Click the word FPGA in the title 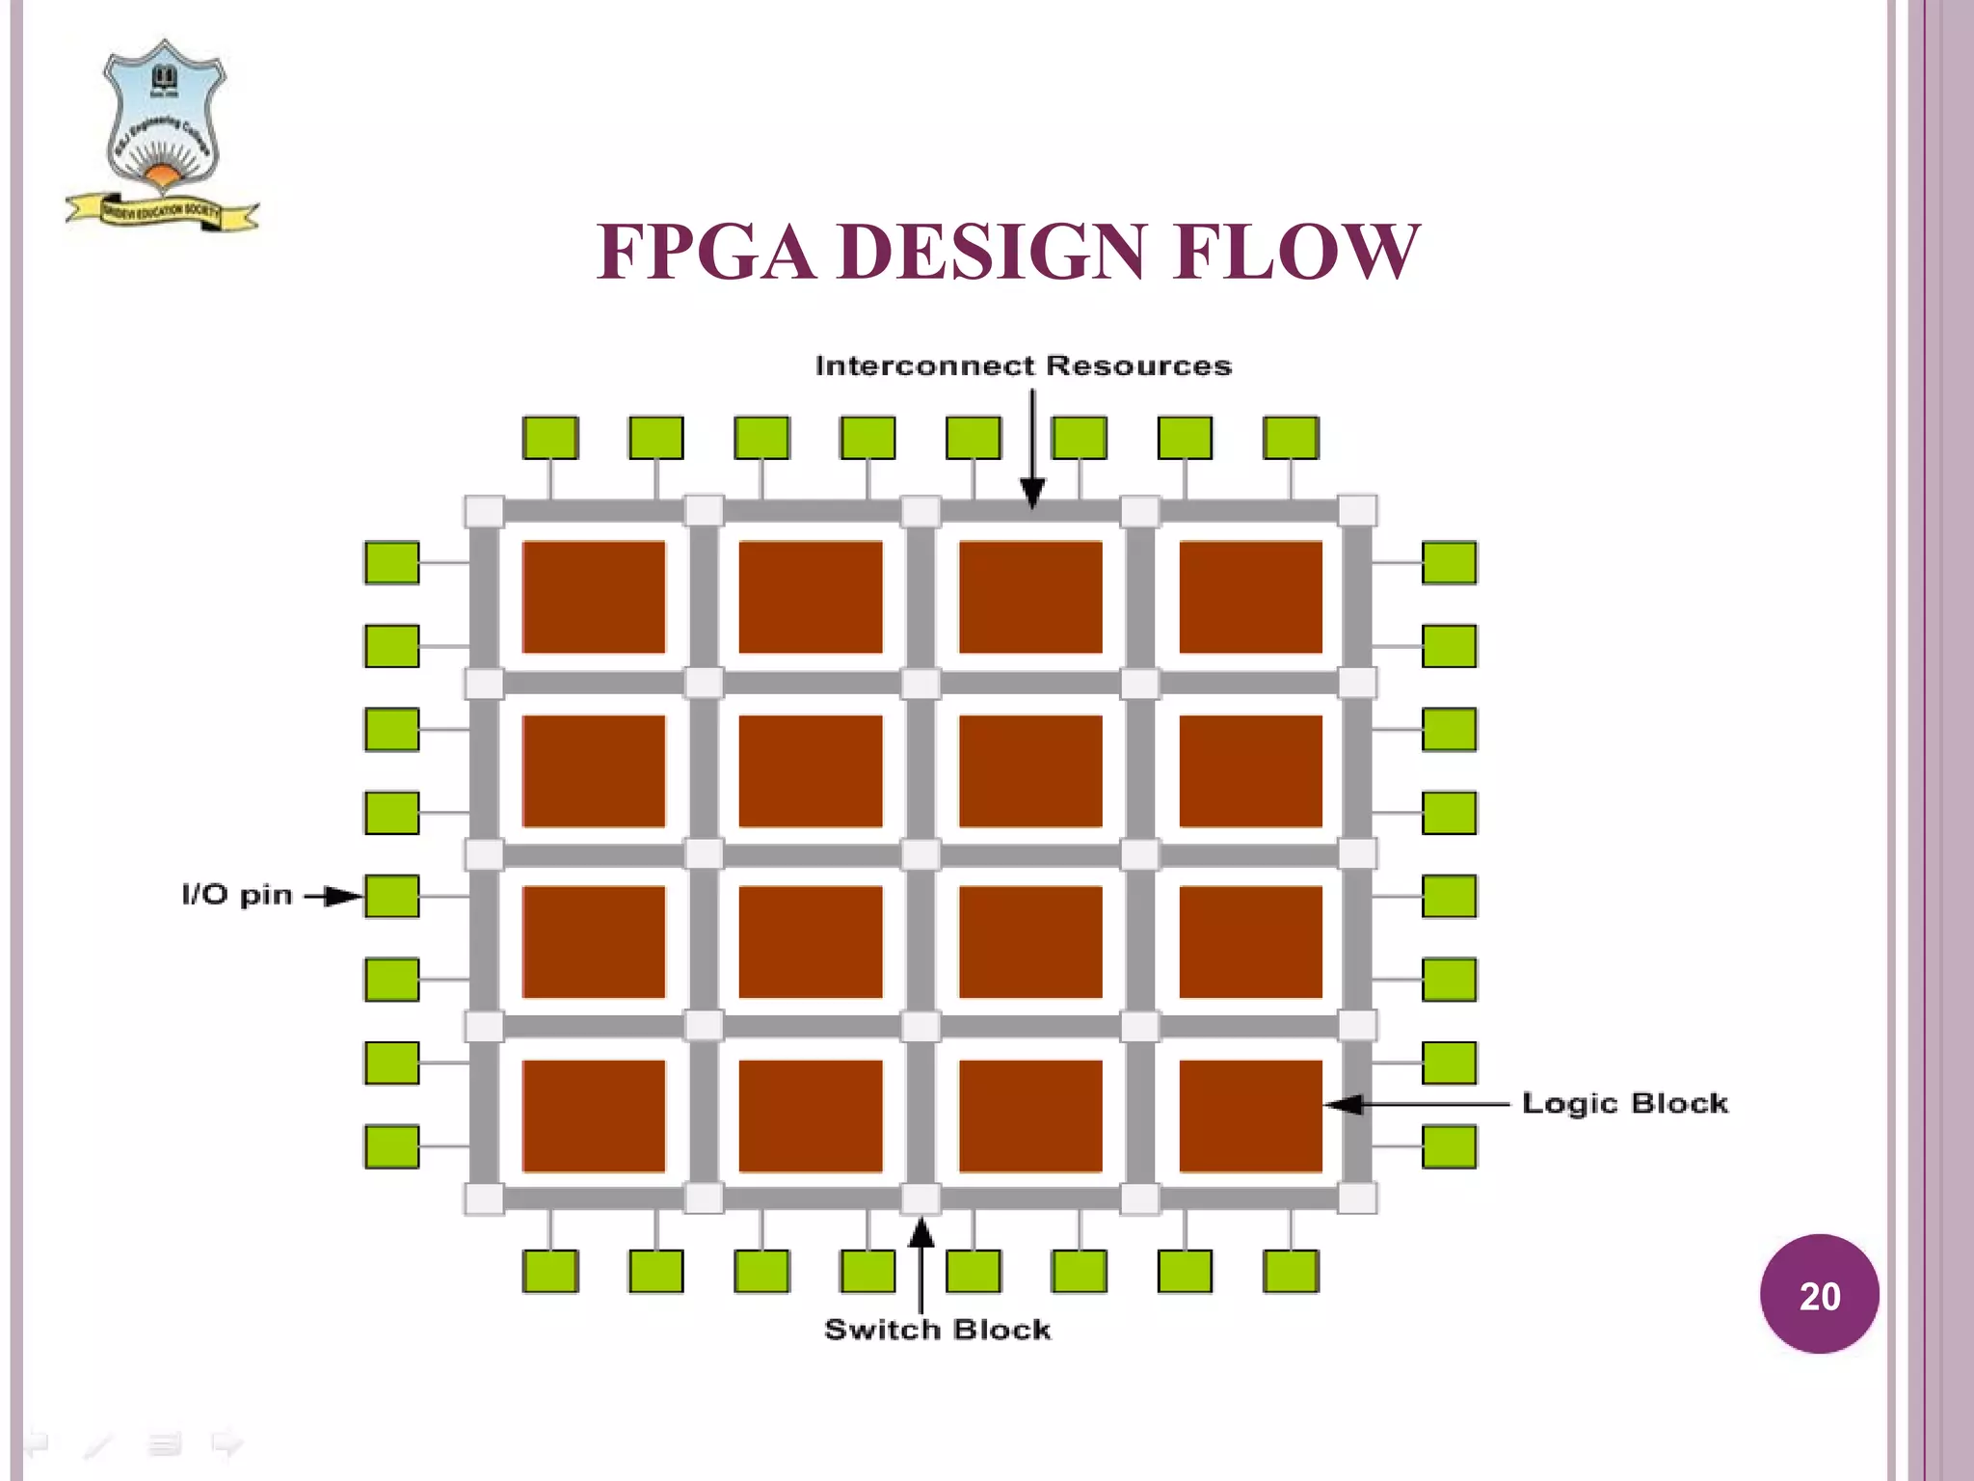pos(705,253)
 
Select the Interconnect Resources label pos(1023,366)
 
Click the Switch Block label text pos(937,1330)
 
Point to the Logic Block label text pos(1624,1103)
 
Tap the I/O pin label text pos(237,895)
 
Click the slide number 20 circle pos(1819,1294)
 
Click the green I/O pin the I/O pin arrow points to pos(391,896)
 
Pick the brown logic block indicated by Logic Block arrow pos(1250,1116)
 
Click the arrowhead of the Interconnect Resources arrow pos(1032,493)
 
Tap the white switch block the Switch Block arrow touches pos(920,1198)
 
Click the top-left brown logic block pos(594,597)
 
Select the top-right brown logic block pos(1250,597)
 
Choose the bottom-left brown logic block pos(594,1116)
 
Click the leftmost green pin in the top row pos(550,438)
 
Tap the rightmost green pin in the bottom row pos(1291,1271)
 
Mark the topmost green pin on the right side pos(1449,563)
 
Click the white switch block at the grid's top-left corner pos(484,511)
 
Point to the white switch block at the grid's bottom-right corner pos(1357,1198)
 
